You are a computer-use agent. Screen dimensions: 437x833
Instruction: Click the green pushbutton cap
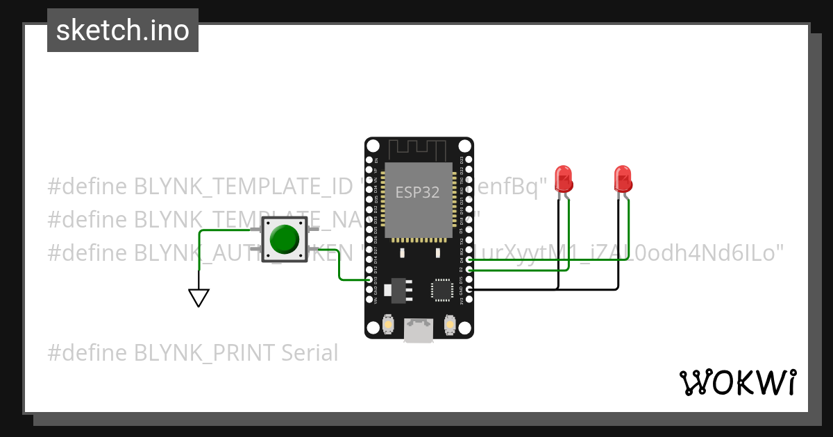tap(285, 239)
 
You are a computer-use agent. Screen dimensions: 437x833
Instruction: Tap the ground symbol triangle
tap(199, 298)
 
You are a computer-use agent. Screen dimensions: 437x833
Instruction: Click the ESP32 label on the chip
tap(417, 192)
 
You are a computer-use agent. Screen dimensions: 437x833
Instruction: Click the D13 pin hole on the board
tap(369, 280)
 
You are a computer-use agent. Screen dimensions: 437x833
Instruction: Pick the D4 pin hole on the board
tap(470, 259)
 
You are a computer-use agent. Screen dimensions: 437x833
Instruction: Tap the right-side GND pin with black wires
tap(470, 289)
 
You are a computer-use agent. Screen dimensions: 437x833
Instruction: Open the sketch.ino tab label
tap(123, 31)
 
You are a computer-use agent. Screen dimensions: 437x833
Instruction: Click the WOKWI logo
tap(737, 382)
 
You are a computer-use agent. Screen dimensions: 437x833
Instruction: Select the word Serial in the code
tap(310, 353)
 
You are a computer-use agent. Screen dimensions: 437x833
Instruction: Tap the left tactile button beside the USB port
tap(389, 324)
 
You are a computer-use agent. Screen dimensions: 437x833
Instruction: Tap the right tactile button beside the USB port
tap(450, 324)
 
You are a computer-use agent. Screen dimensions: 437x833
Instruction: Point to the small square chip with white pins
tap(442, 290)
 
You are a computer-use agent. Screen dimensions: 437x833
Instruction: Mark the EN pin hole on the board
tap(369, 160)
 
